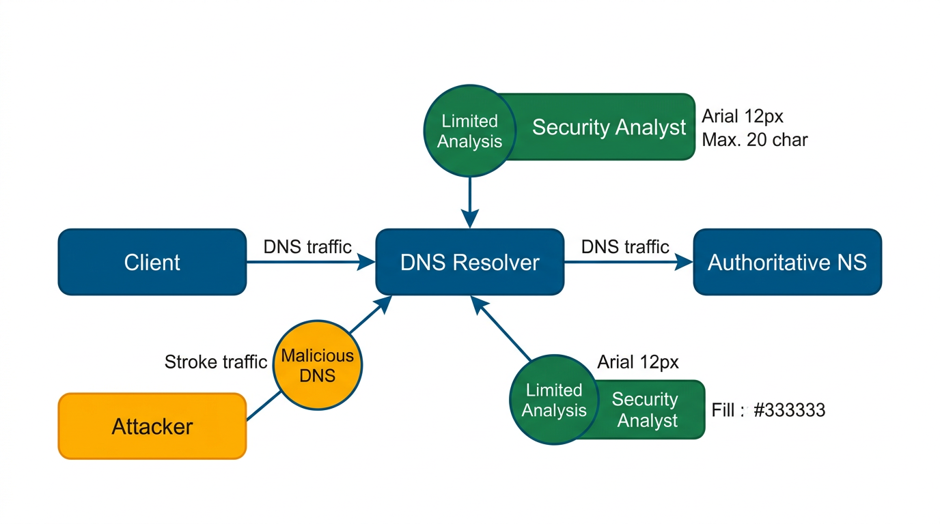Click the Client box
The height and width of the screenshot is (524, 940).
tap(152, 262)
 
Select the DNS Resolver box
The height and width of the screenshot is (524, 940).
tap(470, 262)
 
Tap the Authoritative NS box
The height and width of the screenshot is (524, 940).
tap(787, 262)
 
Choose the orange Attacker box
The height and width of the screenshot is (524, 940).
tap(152, 426)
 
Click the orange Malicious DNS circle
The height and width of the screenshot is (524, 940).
tap(318, 365)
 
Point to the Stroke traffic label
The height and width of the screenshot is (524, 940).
tap(215, 362)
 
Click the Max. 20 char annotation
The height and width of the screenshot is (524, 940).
tap(755, 140)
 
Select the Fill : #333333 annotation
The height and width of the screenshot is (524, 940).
tap(769, 410)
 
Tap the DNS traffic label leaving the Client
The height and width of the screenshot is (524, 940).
tap(307, 246)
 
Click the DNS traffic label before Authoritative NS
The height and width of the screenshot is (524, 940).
tap(625, 246)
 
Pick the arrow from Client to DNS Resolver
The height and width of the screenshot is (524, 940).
tap(311, 262)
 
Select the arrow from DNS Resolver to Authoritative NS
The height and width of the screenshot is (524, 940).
tap(628, 262)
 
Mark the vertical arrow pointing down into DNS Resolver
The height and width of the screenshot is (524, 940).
tap(470, 201)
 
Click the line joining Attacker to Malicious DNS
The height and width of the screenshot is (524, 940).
tap(263, 407)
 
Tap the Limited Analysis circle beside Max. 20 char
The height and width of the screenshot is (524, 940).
tap(469, 131)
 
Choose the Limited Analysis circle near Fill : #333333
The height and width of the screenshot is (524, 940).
tap(554, 400)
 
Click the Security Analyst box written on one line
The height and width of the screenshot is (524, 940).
tap(608, 127)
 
